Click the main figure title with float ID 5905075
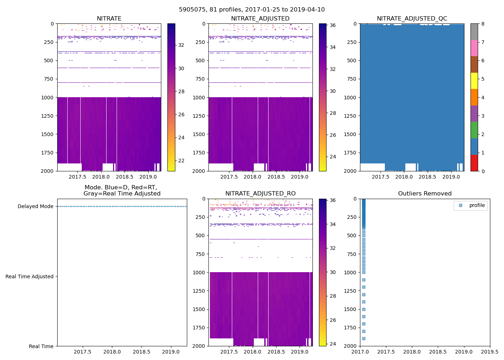click(252, 10)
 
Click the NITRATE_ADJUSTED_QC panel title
click(412, 19)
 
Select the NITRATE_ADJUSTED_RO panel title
click(260, 194)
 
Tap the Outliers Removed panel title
click(425, 194)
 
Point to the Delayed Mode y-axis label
click(35, 207)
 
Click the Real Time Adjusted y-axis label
click(29, 276)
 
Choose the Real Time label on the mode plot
click(41, 346)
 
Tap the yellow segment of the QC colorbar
click(474, 81)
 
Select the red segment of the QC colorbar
click(474, 163)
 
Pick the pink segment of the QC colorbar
click(474, 48)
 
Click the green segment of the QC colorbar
click(474, 130)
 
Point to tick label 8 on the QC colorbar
click(483, 24)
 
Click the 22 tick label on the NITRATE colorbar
click(181, 161)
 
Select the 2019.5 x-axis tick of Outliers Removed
click(490, 352)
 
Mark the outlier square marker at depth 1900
click(364, 338)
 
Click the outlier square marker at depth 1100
click(364, 280)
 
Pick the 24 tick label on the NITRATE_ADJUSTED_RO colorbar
click(333, 344)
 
